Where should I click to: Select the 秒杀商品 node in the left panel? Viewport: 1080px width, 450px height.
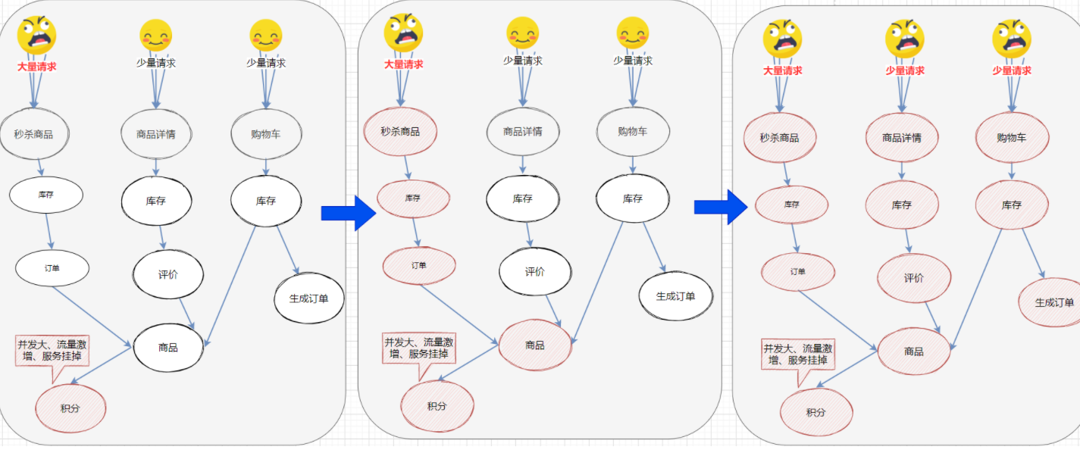34,135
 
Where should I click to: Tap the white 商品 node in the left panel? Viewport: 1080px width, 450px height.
168,348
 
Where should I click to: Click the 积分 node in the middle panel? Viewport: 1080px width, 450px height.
437,406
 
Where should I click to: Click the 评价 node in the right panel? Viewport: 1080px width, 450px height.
914,278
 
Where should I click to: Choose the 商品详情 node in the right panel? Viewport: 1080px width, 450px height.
902,138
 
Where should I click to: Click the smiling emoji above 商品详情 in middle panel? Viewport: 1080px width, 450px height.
523,33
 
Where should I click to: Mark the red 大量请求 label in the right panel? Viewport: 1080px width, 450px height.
783,71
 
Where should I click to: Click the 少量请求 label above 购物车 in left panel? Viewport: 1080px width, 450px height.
266,63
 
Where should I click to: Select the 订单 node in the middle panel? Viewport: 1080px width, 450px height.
419,265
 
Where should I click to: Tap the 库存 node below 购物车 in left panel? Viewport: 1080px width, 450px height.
266,201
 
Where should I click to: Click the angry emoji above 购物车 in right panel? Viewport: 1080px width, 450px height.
1012,39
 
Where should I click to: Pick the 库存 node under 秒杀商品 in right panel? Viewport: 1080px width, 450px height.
791,205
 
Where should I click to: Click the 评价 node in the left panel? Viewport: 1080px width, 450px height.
168,274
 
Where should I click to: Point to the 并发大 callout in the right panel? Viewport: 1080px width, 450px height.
797,355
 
